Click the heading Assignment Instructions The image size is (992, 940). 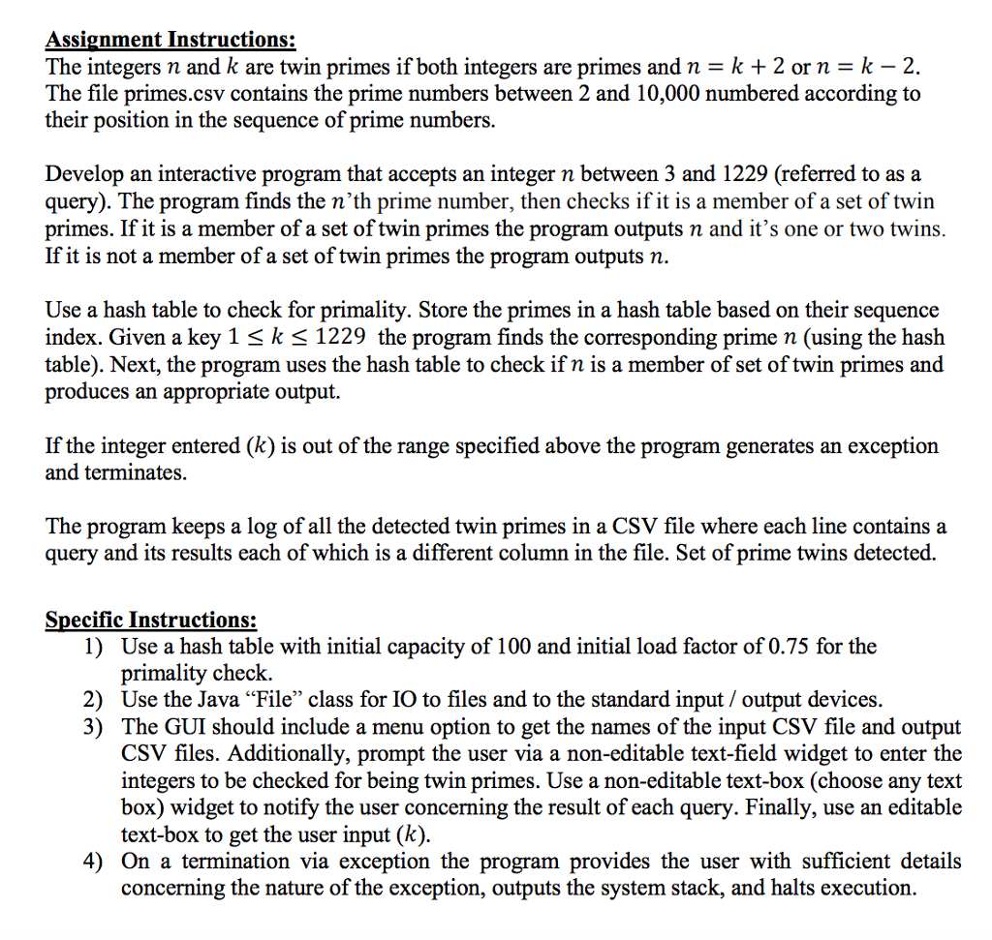(x=170, y=41)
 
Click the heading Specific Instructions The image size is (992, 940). (x=152, y=620)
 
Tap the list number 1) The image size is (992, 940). (x=93, y=646)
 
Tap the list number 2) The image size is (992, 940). (x=93, y=699)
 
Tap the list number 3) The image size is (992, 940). (x=93, y=726)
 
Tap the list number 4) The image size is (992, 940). (x=93, y=861)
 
